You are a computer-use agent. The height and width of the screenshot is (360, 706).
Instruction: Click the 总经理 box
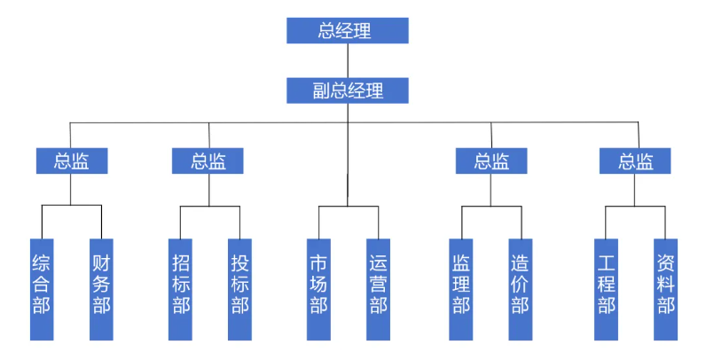[x=347, y=30]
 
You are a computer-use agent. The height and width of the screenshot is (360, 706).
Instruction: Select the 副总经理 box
[x=347, y=90]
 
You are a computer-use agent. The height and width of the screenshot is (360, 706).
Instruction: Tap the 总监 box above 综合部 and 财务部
[x=72, y=161]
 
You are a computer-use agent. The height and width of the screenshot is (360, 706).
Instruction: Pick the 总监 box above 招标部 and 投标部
[x=208, y=161]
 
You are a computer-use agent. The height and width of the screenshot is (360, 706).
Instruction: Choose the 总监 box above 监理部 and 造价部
[x=491, y=161]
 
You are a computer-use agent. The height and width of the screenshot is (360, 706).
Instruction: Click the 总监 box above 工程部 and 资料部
[x=635, y=161]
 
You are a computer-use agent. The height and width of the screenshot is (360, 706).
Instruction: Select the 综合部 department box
[x=42, y=289]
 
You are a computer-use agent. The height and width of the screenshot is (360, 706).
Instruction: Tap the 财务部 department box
[x=101, y=289]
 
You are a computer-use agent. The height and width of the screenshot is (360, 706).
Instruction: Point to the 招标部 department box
[x=180, y=289]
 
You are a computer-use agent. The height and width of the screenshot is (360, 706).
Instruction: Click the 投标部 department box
[x=239, y=289]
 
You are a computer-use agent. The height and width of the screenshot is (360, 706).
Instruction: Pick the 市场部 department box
[x=318, y=289]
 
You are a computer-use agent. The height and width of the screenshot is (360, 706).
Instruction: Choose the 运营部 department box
[x=378, y=289]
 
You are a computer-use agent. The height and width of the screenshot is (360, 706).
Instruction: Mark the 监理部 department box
[x=461, y=289]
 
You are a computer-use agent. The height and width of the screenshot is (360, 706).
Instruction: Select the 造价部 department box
[x=521, y=289]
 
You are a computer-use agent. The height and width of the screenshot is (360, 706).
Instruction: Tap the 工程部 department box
[x=607, y=289]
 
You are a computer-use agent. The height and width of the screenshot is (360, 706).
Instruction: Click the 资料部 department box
[x=666, y=289]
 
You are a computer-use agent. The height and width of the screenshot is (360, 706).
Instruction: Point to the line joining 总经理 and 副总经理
[x=348, y=60]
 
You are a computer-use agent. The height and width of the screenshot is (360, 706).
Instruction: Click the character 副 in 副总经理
[x=321, y=90]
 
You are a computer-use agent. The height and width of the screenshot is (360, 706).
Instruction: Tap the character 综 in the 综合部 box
[x=42, y=263]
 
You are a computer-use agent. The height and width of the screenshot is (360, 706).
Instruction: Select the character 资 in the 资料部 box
[x=666, y=263]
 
